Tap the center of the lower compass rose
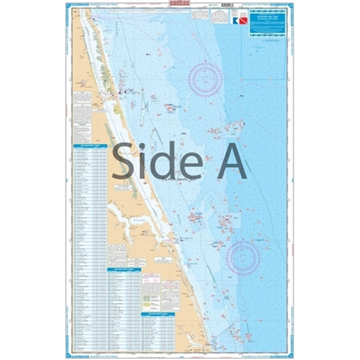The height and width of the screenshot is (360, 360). point(242,257)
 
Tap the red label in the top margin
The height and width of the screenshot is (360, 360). point(180,5)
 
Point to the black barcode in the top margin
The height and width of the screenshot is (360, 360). point(180,8)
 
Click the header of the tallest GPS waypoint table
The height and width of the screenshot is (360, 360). point(89,146)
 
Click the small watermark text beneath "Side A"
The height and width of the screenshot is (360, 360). point(180,181)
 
